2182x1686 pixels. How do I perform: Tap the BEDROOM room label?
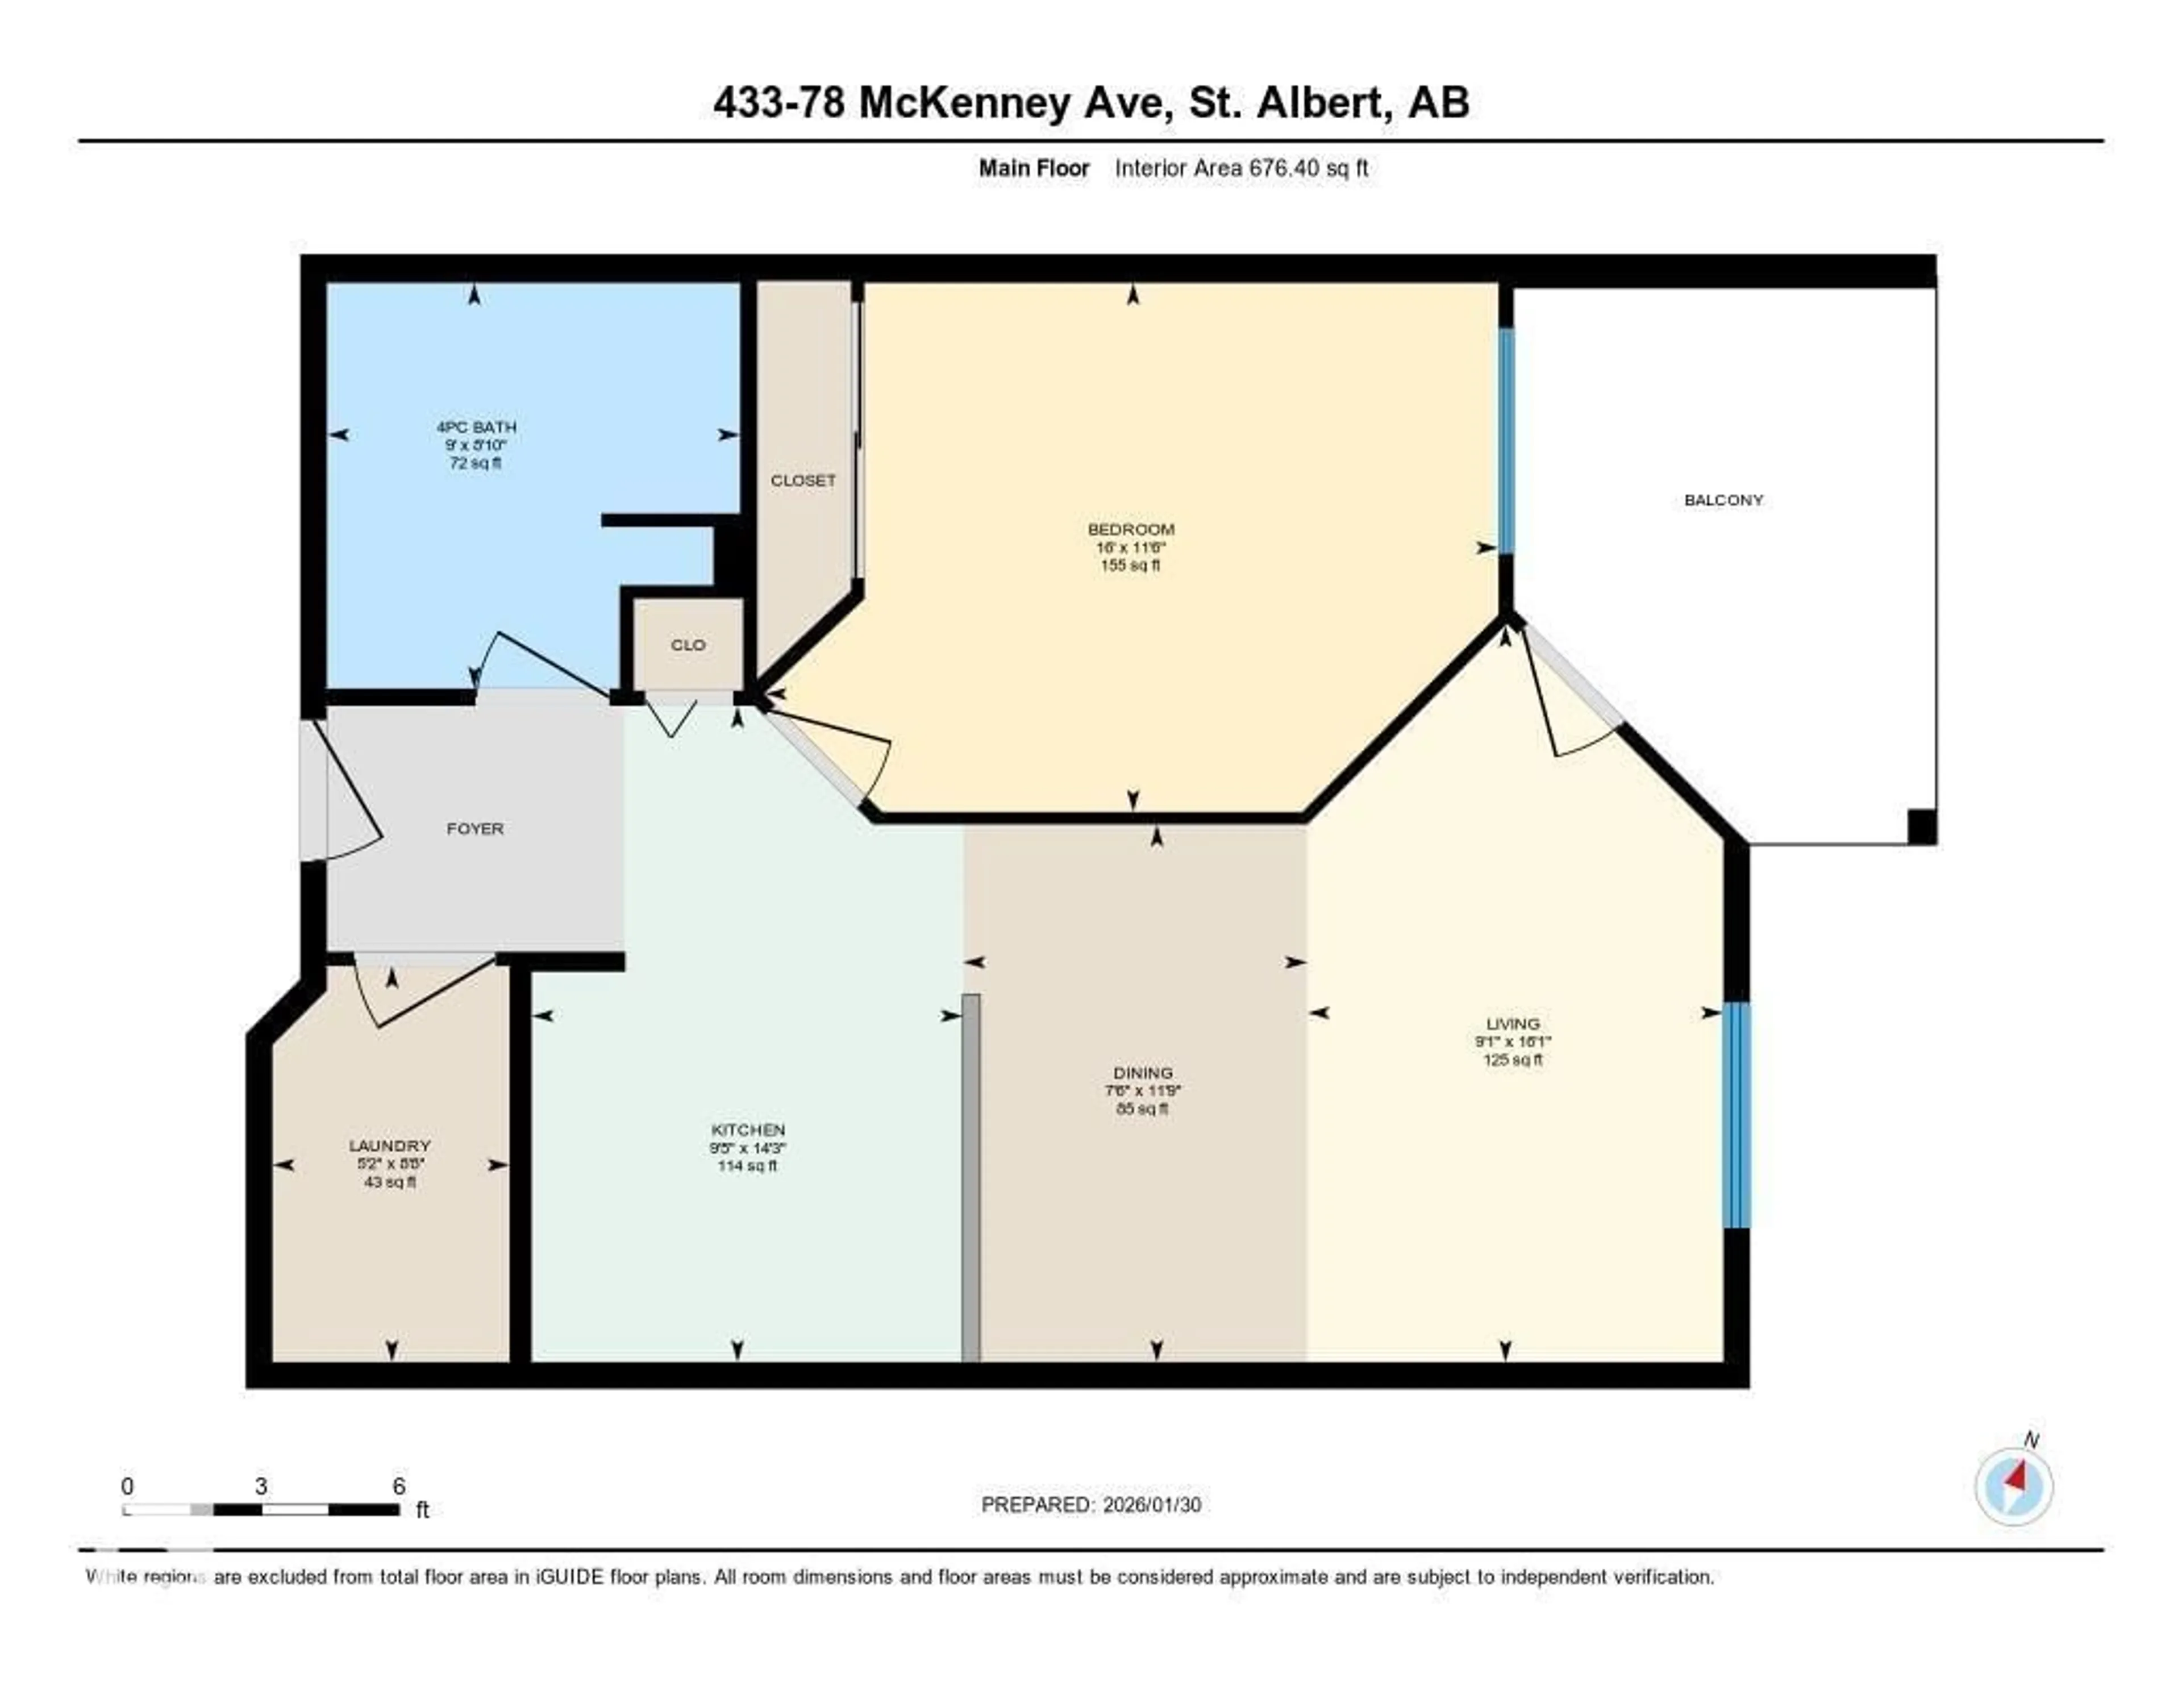point(1130,529)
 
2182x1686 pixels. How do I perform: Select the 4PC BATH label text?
point(476,427)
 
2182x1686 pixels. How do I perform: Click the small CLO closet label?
point(688,645)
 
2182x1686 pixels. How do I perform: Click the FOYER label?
point(474,829)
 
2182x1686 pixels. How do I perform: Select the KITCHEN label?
point(747,1129)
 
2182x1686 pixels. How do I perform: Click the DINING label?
point(1143,1072)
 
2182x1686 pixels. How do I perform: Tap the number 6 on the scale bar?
point(399,1486)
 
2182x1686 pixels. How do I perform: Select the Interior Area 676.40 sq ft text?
point(1241,168)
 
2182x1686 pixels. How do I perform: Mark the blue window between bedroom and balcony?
point(1506,441)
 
